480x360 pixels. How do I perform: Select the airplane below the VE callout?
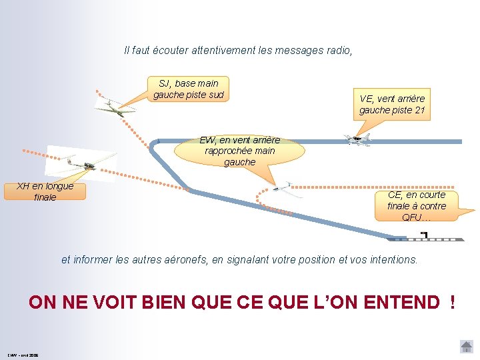(x=357, y=139)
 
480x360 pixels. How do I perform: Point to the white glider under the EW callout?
(x=285, y=189)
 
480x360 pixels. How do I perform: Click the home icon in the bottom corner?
(x=467, y=347)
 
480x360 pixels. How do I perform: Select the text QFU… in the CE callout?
(x=416, y=217)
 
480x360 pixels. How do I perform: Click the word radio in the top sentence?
(x=337, y=50)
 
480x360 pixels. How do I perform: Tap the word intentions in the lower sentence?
(x=391, y=260)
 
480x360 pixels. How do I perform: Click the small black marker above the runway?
(x=424, y=234)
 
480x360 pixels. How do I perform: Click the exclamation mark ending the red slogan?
(x=453, y=302)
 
